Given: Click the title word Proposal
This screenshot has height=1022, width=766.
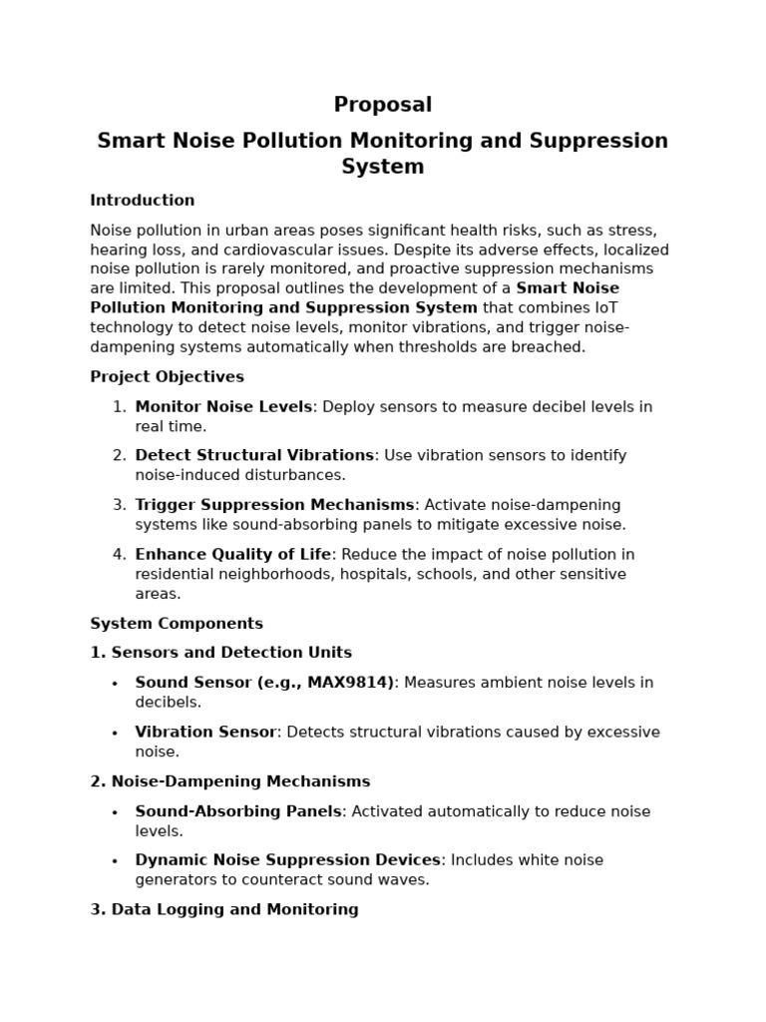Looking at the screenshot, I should click(x=382, y=105).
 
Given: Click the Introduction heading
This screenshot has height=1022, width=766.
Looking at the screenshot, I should click(x=142, y=201).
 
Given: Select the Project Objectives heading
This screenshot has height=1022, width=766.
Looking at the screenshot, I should click(x=167, y=377).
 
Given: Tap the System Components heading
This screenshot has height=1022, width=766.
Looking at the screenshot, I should click(x=177, y=624).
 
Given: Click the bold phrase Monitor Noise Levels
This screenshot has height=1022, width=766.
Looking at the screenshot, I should click(x=224, y=407).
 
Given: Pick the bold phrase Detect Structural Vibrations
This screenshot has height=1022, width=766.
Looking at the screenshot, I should click(x=254, y=456).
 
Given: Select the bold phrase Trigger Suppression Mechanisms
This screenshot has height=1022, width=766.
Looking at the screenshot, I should click(x=274, y=505).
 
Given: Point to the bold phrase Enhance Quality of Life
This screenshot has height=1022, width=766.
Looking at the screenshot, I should click(x=232, y=555).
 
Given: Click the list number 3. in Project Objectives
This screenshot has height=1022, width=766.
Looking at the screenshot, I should click(x=119, y=505).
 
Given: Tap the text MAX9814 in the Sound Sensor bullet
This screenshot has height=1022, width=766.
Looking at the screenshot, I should click(x=348, y=683).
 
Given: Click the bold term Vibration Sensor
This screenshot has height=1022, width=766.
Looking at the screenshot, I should click(x=205, y=733).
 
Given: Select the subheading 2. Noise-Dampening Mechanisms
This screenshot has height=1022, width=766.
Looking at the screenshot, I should click(x=229, y=781).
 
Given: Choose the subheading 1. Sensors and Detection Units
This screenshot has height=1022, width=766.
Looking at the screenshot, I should click(x=220, y=653).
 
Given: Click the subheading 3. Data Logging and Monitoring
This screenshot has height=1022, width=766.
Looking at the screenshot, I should click(x=224, y=910).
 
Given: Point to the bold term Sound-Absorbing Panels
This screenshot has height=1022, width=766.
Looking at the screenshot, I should click(x=238, y=811).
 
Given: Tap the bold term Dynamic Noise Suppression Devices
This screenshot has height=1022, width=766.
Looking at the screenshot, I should click(x=287, y=860).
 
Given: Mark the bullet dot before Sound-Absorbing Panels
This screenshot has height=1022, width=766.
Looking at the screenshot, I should click(x=115, y=812).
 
